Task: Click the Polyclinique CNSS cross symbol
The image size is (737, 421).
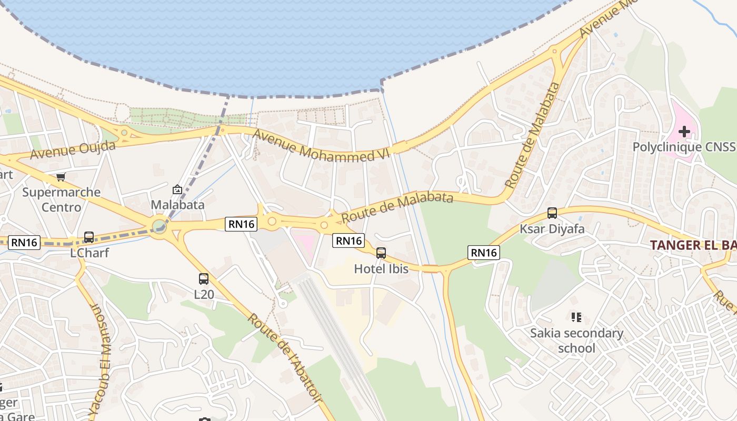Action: (684, 131)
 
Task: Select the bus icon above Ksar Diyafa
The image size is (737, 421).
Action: (552, 213)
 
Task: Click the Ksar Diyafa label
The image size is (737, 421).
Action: (552, 229)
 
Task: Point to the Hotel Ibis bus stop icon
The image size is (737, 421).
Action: (381, 253)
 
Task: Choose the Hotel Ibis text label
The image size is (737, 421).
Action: (381, 269)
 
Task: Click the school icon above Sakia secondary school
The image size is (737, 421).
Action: (576, 317)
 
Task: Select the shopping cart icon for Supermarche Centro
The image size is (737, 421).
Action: (61, 177)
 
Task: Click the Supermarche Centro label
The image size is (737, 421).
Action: (61, 199)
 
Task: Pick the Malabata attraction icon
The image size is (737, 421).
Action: (177, 189)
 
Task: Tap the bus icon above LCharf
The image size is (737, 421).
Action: (89, 237)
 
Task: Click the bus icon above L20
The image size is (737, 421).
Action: (204, 279)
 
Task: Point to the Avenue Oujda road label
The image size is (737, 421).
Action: (73, 149)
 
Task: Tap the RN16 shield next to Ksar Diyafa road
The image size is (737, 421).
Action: (483, 253)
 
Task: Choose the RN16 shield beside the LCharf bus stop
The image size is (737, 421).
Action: (25, 242)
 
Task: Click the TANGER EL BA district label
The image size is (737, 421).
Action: (693, 245)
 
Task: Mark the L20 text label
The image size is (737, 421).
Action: (204, 294)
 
